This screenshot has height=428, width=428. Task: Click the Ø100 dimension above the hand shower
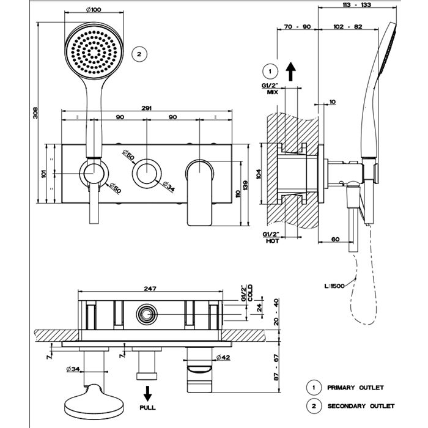pyautogui.click(x=94, y=9)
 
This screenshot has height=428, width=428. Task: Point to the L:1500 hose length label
pyautogui.click(x=335, y=286)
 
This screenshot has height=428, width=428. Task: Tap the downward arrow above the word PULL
pyautogui.click(x=147, y=391)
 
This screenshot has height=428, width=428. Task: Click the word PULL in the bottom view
pyautogui.click(x=147, y=407)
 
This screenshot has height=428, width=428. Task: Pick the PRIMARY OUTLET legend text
pyautogui.click(x=355, y=388)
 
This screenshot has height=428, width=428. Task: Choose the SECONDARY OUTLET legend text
pyautogui.click(x=361, y=406)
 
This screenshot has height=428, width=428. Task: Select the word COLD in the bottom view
pyautogui.click(x=249, y=294)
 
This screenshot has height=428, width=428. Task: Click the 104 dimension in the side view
pyautogui.click(x=259, y=173)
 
